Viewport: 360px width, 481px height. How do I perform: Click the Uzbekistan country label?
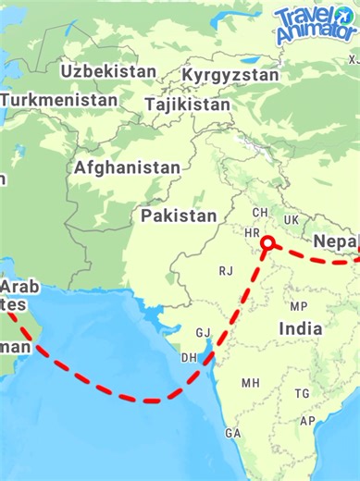109,71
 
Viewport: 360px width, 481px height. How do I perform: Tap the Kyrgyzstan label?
230,74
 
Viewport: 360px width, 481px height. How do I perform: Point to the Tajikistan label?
188,105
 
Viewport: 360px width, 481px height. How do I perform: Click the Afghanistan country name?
128,168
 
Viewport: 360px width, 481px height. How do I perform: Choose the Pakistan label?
179,216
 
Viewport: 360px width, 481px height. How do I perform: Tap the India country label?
301,328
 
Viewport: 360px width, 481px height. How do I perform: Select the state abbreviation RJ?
226,271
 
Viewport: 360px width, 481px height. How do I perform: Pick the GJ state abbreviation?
203,333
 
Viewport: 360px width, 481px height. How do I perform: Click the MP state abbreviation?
298,306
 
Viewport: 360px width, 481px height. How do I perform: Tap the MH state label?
251,382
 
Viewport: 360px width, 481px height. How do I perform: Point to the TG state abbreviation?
302,393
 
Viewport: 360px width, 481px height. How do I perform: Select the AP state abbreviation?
307,422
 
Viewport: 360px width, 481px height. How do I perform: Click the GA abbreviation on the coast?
232,433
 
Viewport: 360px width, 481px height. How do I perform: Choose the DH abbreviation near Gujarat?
189,357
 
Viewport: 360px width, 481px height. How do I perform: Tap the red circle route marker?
267,243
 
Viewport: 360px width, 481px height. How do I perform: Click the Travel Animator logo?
315,23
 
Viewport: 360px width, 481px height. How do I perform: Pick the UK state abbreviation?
292,220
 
